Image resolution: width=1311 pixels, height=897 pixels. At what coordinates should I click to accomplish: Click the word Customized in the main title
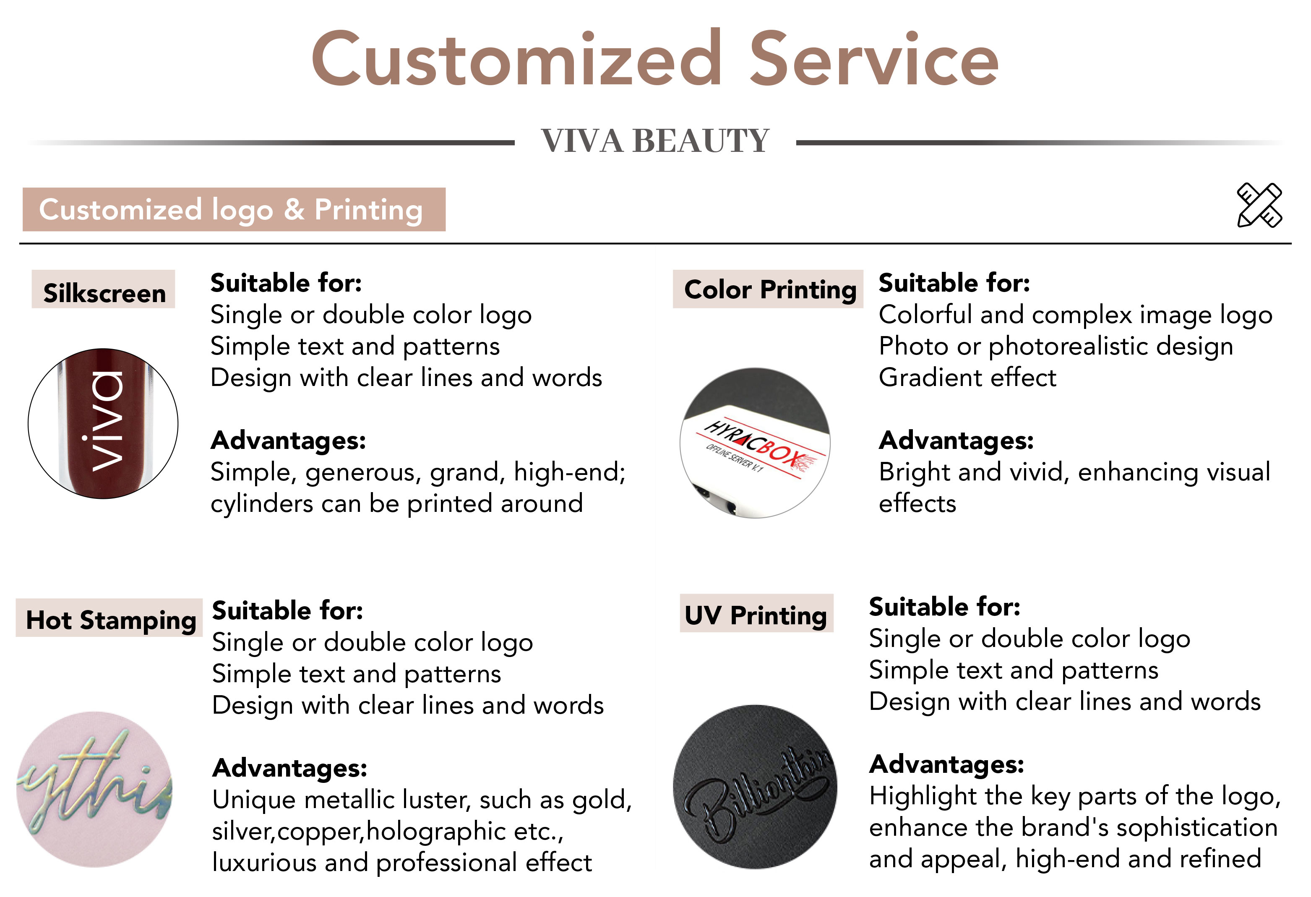(516, 59)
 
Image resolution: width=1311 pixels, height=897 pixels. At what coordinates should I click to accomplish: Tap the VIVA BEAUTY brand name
(655, 141)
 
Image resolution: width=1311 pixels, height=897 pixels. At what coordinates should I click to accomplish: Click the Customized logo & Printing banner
(234, 210)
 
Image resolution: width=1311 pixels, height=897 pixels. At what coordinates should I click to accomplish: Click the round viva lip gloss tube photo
(103, 423)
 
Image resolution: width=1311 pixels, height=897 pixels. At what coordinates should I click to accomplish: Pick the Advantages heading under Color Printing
(956, 441)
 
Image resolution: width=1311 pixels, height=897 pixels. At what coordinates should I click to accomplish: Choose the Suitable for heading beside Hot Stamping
(287, 611)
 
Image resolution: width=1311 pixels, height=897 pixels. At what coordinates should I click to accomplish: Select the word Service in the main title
(874, 59)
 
